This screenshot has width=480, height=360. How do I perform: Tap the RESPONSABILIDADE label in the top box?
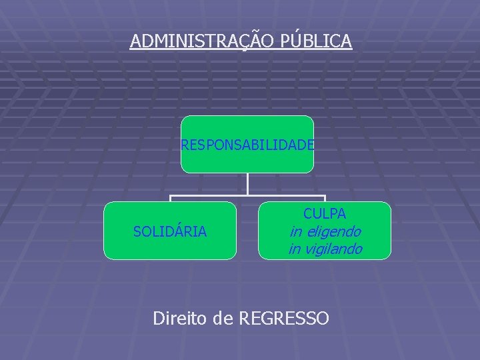pos(247,145)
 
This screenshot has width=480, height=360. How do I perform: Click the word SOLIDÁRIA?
pos(170,232)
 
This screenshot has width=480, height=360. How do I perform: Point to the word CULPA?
pos(325,214)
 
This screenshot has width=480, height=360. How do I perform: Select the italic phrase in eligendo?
pos(325,232)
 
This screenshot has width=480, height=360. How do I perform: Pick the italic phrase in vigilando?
pos(325,249)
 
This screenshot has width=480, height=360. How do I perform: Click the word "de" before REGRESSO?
pos(225,319)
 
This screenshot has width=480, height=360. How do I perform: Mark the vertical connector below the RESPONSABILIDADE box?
pos(247,184)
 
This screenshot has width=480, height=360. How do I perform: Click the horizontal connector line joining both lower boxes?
pos(247,196)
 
